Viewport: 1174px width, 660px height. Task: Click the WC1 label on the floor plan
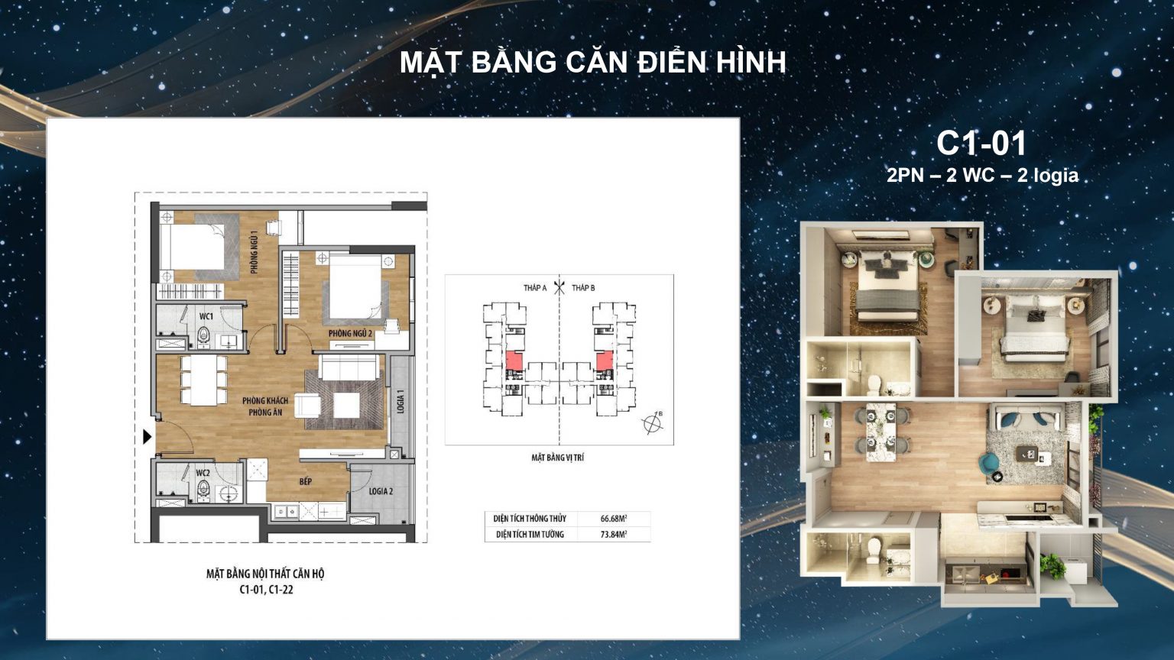tap(206, 316)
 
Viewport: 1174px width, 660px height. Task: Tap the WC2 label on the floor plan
tap(203, 473)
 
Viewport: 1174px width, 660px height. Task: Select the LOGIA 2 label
tap(381, 491)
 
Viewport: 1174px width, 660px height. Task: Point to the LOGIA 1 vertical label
tap(401, 401)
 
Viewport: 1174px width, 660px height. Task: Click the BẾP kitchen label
tap(306, 481)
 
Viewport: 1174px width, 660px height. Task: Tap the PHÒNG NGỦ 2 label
tap(350, 334)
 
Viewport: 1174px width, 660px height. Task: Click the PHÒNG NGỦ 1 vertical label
tap(255, 252)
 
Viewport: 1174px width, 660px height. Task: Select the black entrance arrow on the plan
tap(148, 436)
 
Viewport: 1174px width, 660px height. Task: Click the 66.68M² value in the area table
tap(614, 519)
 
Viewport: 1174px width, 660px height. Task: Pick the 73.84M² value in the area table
tap(614, 534)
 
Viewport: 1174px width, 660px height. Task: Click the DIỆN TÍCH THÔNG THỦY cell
tap(530, 519)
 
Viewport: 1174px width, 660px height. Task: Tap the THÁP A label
tap(534, 288)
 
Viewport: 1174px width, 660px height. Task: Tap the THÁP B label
tap(583, 288)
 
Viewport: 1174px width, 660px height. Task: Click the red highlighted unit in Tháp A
tap(514, 361)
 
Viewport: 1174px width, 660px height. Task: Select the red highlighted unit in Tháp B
tap(605, 361)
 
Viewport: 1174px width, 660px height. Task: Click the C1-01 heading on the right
tap(981, 144)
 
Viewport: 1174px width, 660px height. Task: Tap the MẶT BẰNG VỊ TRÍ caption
tap(558, 458)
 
